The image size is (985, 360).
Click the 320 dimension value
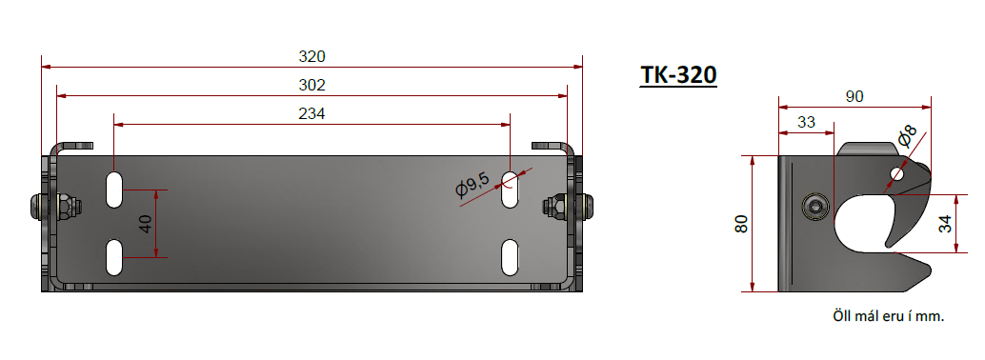[x=312, y=56]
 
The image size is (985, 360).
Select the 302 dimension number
[x=312, y=85]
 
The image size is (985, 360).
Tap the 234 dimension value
[x=312, y=113]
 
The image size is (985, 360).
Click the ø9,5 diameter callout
[x=473, y=187]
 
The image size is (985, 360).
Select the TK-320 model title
[x=678, y=74]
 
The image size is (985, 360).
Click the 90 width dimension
[x=854, y=95]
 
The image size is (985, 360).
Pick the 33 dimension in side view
[x=806, y=122]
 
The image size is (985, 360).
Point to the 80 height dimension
[x=742, y=224]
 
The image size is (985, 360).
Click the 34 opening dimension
[x=944, y=224]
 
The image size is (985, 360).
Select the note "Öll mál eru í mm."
[x=888, y=316]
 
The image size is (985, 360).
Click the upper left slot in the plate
[x=114, y=189]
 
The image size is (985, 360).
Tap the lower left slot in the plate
[x=114, y=257]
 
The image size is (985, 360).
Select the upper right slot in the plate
[x=512, y=188]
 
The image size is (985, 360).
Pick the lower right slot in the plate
[x=512, y=257]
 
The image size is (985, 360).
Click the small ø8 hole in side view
[x=896, y=174]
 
